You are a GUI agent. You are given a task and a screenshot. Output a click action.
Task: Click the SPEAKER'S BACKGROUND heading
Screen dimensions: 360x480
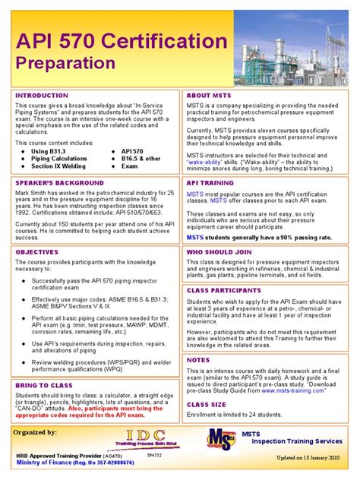[60, 183]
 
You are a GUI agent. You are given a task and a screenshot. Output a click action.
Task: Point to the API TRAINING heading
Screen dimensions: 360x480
[210, 183]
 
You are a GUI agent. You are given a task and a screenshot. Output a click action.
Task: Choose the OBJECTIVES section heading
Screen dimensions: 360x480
[37, 251]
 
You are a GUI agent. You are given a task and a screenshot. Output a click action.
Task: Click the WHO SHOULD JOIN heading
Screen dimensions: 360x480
[219, 251]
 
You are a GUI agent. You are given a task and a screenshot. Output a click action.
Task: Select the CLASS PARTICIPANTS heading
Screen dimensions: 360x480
[224, 290]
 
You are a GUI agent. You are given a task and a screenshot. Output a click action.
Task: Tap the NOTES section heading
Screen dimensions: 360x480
[199, 360]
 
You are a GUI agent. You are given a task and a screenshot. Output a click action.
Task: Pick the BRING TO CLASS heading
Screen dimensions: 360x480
[44, 387]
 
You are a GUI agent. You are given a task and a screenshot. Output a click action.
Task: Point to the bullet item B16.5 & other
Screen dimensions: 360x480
[141, 159]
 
